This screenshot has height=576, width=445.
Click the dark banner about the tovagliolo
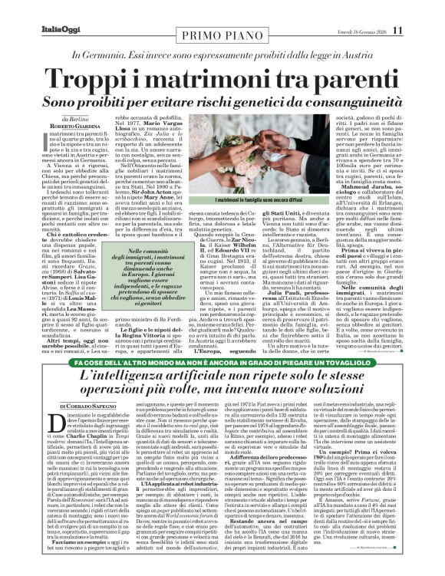click(222, 361)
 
